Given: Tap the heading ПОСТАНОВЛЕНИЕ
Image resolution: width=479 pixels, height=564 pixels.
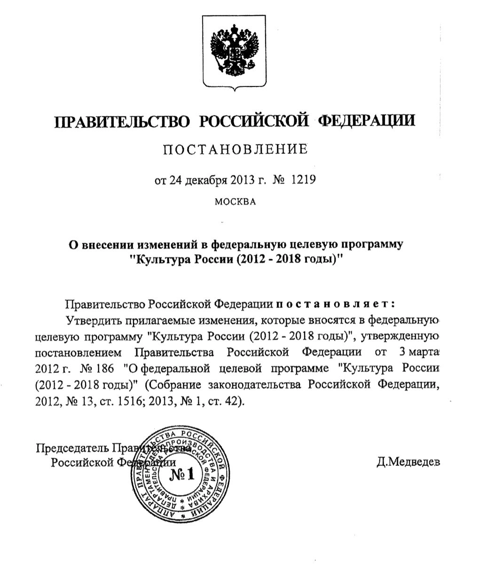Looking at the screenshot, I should tap(235, 150).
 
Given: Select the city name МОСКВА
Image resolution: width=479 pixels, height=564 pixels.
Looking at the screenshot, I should tap(235, 202).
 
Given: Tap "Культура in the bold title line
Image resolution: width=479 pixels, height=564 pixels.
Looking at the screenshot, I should tap(152, 260).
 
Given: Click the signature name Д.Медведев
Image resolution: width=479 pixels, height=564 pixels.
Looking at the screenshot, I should tap(408, 462).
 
